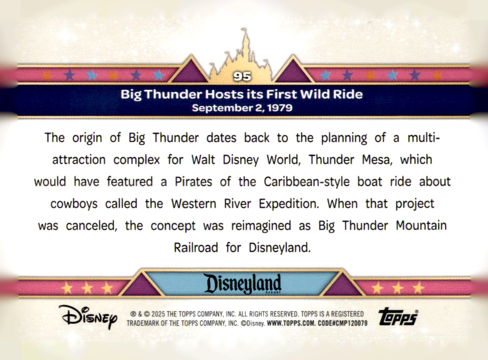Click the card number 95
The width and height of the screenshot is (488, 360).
(242, 76)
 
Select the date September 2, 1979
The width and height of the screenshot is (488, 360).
(242, 108)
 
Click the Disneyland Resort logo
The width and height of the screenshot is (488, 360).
(242, 284)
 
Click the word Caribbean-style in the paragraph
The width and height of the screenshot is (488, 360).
(306, 182)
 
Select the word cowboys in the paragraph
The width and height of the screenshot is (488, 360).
(74, 204)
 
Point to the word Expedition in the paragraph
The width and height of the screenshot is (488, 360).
(289, 204)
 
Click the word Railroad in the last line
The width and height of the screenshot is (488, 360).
(196, 247)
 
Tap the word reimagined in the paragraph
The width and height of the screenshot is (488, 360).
(261, 225)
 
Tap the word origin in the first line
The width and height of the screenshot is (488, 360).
(87, 138)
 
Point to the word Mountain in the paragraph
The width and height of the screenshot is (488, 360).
(421, 225)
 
